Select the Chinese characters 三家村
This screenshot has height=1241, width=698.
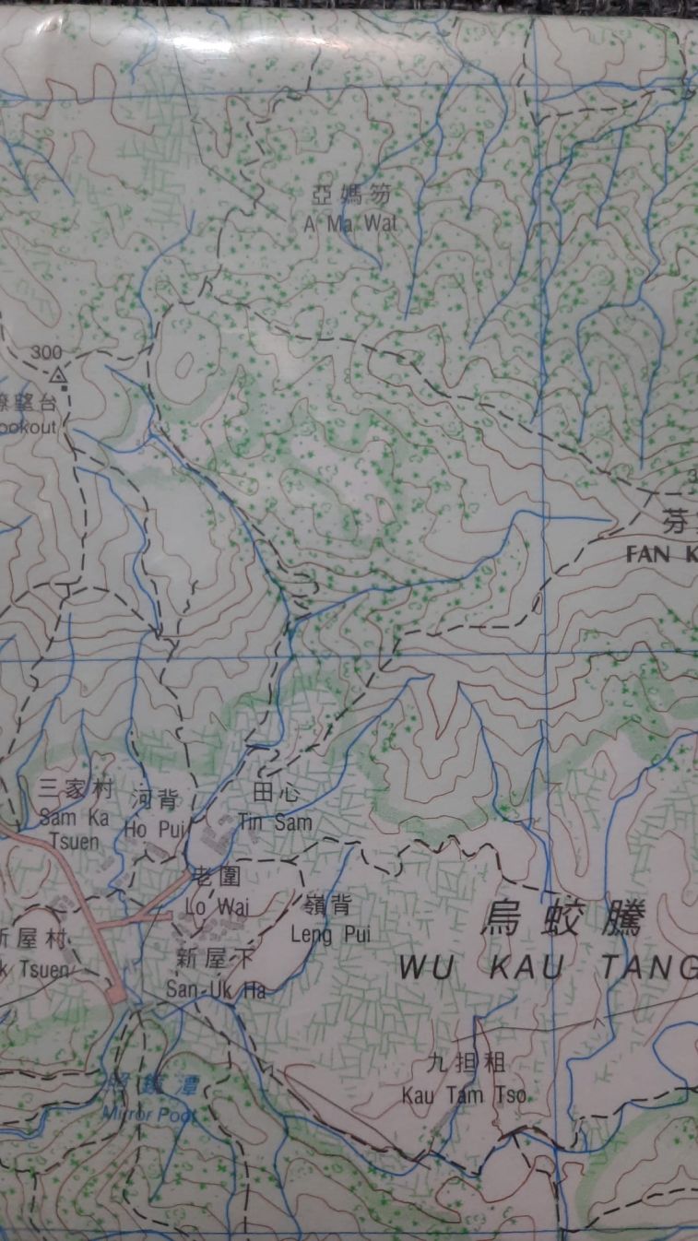(x=75, y=789)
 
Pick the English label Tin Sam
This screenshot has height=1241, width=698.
(x=275, y=821)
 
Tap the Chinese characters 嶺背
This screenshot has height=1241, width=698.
(x=327, y=905)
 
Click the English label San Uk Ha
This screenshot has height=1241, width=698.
(x=216, y=990)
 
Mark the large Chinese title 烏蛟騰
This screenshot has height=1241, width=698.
(x=563, y=918)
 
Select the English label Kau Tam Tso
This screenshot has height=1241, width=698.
(x=465, y=1094)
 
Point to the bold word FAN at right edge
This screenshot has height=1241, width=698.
(x=651, y=554)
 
